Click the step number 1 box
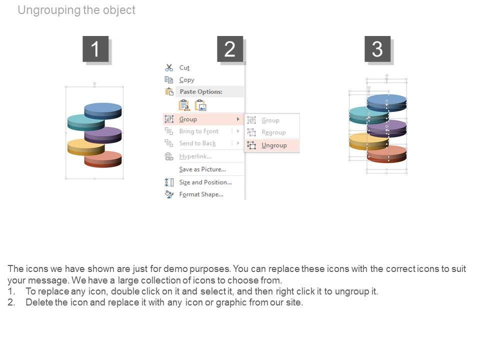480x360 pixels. (95, 49)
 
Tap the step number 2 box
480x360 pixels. (230, 49)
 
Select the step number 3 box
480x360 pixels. (377, 49)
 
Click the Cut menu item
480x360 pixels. (184, 67)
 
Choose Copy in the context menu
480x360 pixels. (186, 80)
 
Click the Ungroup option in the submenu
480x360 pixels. (274, 145)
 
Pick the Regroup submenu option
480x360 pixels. (273, 132)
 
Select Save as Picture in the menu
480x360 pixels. (202, 169)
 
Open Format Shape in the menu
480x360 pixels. (201, 194)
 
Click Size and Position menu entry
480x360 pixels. (205, 182)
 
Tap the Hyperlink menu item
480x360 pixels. (195, 156)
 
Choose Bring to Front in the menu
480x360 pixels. (198, 131)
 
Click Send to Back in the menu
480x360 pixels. (197, 143)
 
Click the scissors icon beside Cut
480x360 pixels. (169, 67)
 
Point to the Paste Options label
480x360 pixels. (201, 91)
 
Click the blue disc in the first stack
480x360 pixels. (103, 111)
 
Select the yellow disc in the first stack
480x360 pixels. (86, 147)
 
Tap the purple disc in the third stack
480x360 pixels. (386, 128)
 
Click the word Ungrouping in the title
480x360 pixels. (49, 10)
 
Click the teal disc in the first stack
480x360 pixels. (86, 122)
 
